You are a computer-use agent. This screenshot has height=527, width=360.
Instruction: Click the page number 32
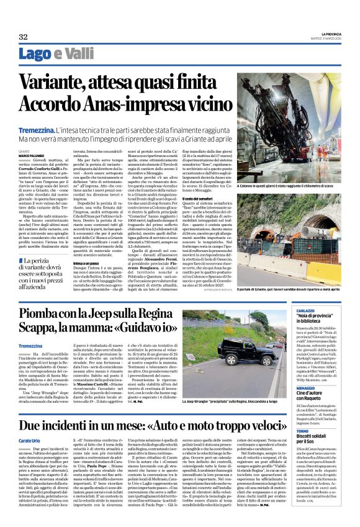coord(24,37)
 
